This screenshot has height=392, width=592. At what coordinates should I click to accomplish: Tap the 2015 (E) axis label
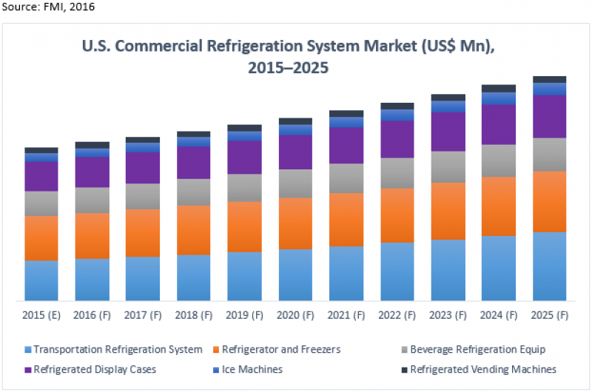click(x=41, y=315)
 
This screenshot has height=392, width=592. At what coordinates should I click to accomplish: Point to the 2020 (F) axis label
click(x=295, y=315)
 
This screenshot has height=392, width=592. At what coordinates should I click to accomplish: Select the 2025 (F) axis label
click(x=549, y=315)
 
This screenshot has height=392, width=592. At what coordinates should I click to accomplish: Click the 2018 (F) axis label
click(x=194, y=315)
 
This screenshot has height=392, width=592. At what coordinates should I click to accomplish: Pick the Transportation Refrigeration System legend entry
click(x=118, y=349)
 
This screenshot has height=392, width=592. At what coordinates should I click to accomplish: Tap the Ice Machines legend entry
click(x=252, y=369)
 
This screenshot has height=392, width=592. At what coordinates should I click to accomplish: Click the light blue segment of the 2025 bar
click(x=549, y=266)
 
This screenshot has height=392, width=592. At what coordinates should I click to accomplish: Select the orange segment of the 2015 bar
click(x=41, y=238)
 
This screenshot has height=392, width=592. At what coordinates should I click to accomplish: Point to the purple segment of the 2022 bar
click(x=397, y=139)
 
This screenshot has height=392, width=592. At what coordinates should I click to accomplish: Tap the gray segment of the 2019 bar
click(x=245, y=188)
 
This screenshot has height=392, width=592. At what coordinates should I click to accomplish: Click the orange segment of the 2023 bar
click(x=448, y=211)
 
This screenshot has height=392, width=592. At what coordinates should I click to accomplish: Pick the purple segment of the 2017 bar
click(x=143, y=168)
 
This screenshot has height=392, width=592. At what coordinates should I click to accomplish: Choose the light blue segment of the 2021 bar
click(x=346, y=274)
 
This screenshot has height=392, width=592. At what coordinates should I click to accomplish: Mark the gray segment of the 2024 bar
click(x=499, y=160)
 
